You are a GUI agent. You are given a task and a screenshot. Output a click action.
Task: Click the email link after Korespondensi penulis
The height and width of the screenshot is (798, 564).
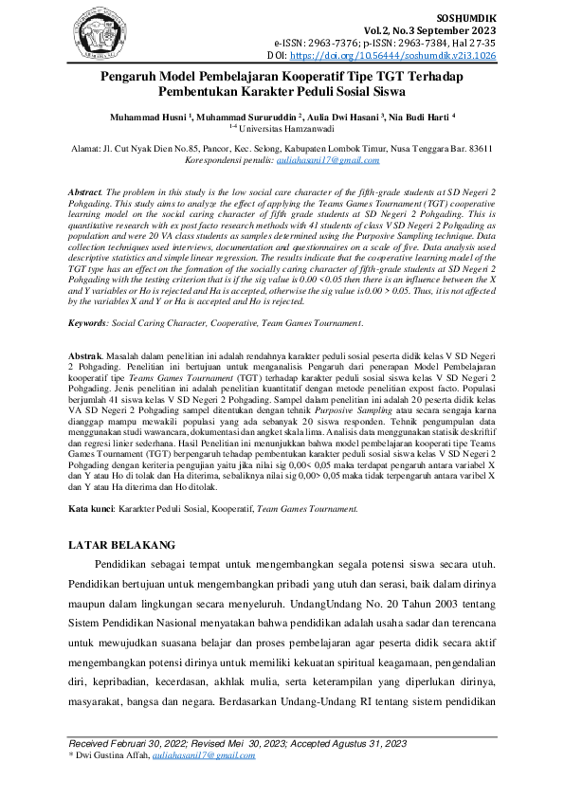pyautogui.click(x=321, y=161)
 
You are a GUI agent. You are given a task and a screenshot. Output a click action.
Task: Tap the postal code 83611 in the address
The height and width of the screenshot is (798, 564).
pyautogui.click(x=482, y=150)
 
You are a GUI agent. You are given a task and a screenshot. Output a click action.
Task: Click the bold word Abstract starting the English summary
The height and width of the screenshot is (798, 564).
pyautogui.click(x=86, y=191)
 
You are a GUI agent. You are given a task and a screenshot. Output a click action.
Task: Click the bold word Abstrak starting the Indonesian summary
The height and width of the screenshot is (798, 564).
pyautogui.click(x=85, y=354)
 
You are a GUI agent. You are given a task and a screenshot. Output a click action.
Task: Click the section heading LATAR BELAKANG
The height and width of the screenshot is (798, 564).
pyautogui.click(x=123, y=547)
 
